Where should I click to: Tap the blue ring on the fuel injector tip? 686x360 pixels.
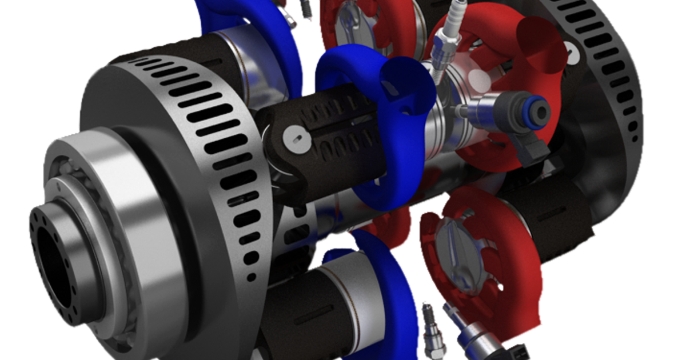[539, 108]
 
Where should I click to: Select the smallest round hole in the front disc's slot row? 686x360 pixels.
[250, 278]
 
